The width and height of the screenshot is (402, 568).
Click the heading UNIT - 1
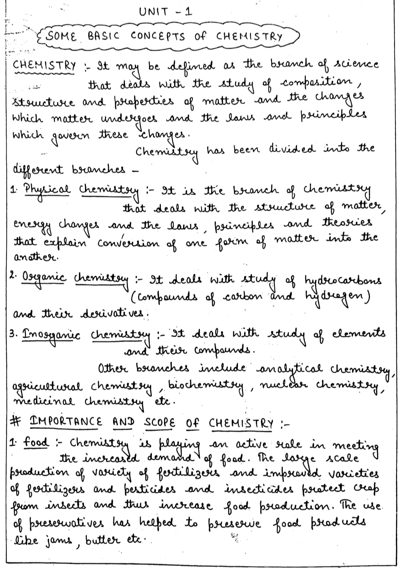pos(165,12)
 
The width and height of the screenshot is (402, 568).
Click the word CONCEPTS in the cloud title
pos(158,36)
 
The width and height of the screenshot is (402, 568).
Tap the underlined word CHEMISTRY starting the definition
pos(44,65)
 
